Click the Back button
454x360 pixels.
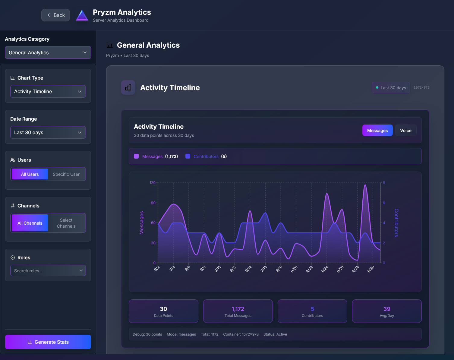55,15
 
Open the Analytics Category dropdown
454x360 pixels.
48,52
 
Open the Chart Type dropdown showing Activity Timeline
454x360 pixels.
48,91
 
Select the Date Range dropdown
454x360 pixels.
48,132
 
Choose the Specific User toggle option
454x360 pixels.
66,174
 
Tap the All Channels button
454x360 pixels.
30,223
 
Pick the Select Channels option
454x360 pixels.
66,223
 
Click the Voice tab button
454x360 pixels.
405,131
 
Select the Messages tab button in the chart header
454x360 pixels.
377,131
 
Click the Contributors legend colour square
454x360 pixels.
188,156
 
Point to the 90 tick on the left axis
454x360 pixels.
153,203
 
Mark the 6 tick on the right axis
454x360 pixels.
384,203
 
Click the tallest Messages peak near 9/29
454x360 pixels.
365,185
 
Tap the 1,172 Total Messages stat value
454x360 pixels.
238,309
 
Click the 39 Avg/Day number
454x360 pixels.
387,309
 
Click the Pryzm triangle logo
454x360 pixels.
82,15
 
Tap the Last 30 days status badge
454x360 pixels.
391,88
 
